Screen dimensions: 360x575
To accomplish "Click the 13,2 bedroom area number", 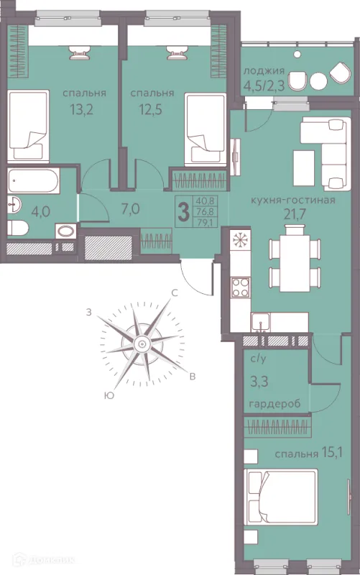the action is pos(82,109).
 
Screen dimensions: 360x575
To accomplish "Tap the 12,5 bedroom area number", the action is pos(150,109).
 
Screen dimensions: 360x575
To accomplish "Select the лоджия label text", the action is pos(264,71).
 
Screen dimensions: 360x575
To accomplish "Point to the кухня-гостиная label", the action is pos(293,201).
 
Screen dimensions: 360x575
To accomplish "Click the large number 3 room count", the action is pos(183,213).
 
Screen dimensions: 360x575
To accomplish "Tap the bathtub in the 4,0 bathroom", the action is pos(33,181).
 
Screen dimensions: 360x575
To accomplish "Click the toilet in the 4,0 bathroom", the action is pos(17,229).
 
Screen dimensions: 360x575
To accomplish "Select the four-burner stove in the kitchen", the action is pos(241,287).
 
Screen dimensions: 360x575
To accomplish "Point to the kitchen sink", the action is pos(261,323).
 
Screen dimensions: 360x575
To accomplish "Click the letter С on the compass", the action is pos(175,293).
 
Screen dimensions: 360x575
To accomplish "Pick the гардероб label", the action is pos(274,404).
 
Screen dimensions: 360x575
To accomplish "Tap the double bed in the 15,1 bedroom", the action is pos(281,497).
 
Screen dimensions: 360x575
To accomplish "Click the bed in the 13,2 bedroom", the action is pos(28,126).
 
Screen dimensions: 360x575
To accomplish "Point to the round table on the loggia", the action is pos(318,81).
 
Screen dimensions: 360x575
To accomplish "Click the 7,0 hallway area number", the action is pos(130,209).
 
